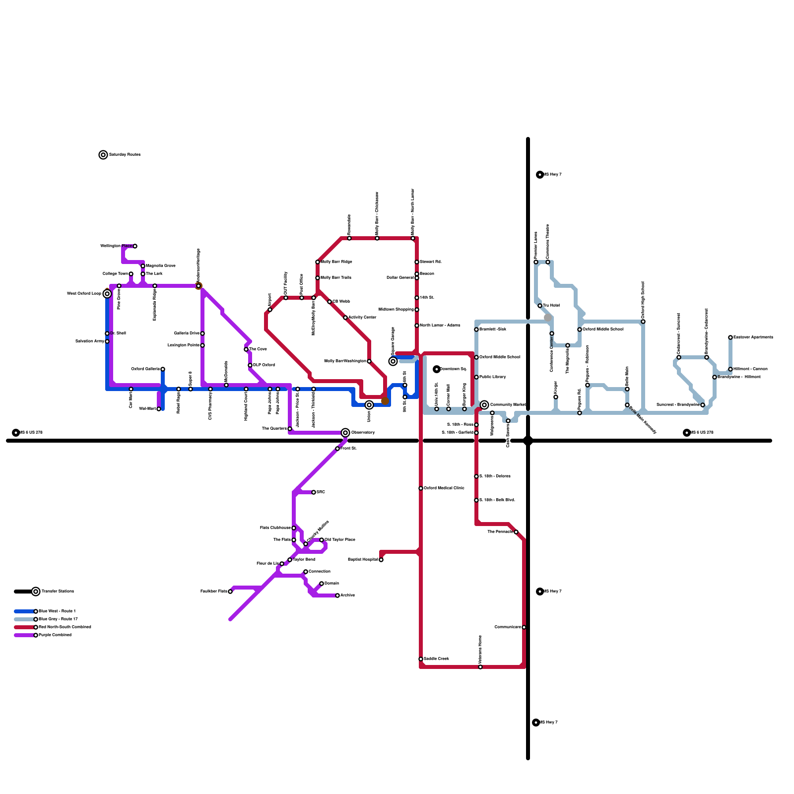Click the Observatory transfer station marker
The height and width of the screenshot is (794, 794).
coord(345,433)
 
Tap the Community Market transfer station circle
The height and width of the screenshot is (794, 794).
coord(484,405)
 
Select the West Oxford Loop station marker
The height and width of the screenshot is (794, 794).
coord(107,294)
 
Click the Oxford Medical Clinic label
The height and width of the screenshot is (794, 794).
coord(444,488)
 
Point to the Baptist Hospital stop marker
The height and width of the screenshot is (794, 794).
coord(381,560)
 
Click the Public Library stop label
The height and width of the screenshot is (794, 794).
coord(493,377)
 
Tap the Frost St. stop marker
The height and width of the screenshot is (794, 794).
coord(337,449)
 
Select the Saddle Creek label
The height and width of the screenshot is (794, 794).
coord(437,659)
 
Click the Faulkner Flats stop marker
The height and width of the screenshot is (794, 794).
coord(230,592)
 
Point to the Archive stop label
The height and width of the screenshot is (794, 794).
coord(347,595)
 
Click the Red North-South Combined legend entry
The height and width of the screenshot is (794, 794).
coord(65,627)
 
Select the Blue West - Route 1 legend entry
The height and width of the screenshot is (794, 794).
coord(57,611)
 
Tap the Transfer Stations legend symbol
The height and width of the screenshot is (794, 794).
coord(36,592)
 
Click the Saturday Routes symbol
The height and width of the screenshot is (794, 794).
coord(103,155)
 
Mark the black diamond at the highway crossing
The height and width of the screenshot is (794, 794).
coord(528,441)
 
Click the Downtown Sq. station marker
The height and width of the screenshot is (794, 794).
coord(437,369)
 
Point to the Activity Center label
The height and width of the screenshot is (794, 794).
coord(362,318)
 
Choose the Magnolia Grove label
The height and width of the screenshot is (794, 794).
coord(161,266)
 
